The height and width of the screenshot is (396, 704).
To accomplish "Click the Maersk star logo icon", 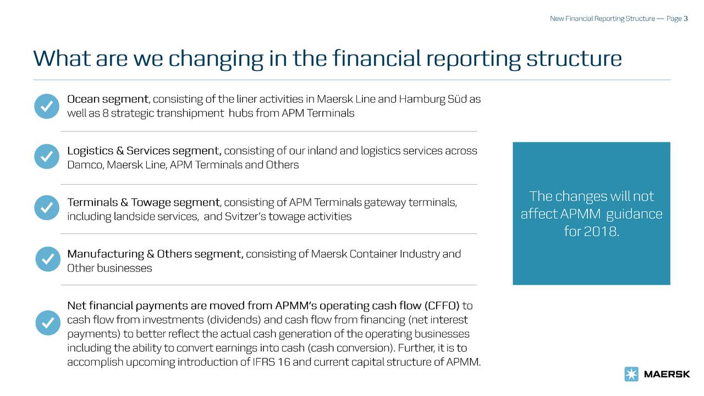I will click(x=631, y=374).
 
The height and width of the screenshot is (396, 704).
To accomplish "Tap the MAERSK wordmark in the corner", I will click(x=667, y=375).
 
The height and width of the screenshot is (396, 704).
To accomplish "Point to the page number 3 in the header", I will click(x=686, y=19).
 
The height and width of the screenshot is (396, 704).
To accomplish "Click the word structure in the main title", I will click(x=574, y=58).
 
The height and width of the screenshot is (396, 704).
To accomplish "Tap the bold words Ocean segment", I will click(x=107, y=100).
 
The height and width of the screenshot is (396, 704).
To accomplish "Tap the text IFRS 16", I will click(x=267, y=362).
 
